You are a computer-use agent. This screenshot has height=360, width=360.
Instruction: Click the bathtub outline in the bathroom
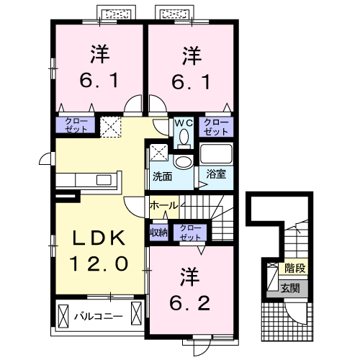[216, 155]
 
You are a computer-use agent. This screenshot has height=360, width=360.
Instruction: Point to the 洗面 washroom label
[161, 176]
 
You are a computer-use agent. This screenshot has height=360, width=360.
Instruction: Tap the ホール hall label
[163, 206]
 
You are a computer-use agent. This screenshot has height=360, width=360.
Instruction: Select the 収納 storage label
[158, 233]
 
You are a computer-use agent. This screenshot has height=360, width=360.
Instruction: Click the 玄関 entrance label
[291, 289]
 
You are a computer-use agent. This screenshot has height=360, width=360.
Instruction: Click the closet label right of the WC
[216, 127]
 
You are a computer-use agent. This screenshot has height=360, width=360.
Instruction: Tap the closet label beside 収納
[190, 233]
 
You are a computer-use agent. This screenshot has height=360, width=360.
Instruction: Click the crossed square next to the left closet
[111, 127]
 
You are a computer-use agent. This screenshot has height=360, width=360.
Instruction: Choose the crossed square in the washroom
[159, 152]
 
